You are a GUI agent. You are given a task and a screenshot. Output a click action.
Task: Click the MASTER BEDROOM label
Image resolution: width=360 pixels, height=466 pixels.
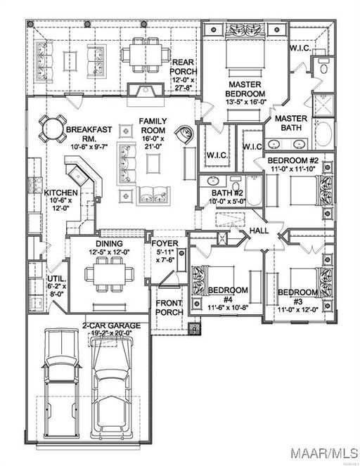pyautogui.click(x=245, y=89)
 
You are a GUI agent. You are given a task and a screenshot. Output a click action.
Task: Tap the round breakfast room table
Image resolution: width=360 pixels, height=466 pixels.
pyautogui.click(x=53, y=129)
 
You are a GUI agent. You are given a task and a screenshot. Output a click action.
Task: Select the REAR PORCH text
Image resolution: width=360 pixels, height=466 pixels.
pyautogui.click(x=183, y=67)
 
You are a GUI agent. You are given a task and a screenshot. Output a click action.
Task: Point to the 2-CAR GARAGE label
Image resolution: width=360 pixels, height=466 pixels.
pyautogui.click(x=111, y=325)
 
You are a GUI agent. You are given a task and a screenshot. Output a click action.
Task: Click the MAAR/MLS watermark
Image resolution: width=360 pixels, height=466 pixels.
pyautogui.click(x=324, y=453)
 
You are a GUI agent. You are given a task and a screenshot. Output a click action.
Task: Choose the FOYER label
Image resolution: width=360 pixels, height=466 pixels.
pyautogui.click(x=165, y=243)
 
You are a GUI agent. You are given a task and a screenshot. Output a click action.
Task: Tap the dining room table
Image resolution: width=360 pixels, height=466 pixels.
pyautogui.click(x=110, y=274)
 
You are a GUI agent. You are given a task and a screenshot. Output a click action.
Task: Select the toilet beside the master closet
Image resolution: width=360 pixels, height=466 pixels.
pyautogui.click(x=323, y=67)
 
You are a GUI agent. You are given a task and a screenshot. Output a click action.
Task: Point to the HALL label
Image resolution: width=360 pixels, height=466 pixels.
pyautogui.click(x=259, y=231)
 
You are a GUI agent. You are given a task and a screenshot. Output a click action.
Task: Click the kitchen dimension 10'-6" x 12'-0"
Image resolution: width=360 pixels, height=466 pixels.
pyautogui.click(x=61, y=204)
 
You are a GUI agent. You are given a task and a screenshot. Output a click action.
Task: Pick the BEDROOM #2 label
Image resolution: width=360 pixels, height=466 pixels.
pyautogui.click(x=292, y=160)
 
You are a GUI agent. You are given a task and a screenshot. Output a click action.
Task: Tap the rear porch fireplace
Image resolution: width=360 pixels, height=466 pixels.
pyautogui.click(x=146, y=90)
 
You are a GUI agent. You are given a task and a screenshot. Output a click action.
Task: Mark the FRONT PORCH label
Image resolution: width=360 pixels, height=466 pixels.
pyautogui.click(x=169, y=308)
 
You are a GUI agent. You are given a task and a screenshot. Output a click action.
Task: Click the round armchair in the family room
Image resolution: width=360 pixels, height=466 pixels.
pyautogui.click(x=184, y=134)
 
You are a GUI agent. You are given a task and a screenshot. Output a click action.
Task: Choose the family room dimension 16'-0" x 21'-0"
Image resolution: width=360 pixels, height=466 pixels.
pyautogui.click(x=153, y=143)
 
